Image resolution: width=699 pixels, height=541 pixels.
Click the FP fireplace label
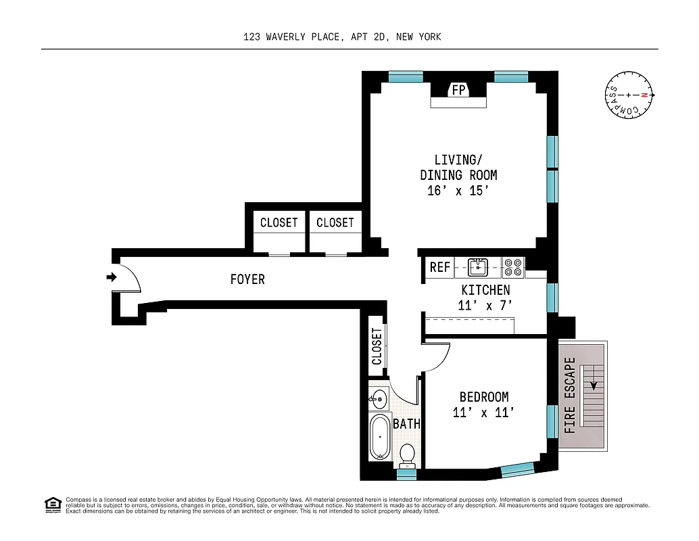click(459, 90)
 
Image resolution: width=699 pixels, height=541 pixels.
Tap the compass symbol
click(629, 95)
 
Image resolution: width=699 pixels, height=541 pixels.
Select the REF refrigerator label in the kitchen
click(440, 268)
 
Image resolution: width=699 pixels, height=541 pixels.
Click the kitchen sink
click(479, 267)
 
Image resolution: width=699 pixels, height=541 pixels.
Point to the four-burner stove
click(513, 267)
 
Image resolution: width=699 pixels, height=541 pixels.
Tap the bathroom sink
click(379, 399)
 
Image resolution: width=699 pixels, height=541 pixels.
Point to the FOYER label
click(247, 279)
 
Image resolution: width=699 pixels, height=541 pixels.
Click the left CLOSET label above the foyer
click(279, 222)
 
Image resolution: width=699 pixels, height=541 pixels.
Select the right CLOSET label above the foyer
click(335, 222)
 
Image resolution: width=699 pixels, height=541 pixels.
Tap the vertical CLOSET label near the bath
click(377, 346)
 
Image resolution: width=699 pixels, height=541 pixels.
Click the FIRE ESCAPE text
click(570, 395)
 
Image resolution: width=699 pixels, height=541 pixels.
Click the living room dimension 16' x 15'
click(458, 191)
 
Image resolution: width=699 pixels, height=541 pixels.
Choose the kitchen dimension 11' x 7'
click(485, 305)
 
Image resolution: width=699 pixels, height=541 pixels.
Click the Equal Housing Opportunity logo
click(53, 504)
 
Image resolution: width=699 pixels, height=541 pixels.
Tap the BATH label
click(407, 424)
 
